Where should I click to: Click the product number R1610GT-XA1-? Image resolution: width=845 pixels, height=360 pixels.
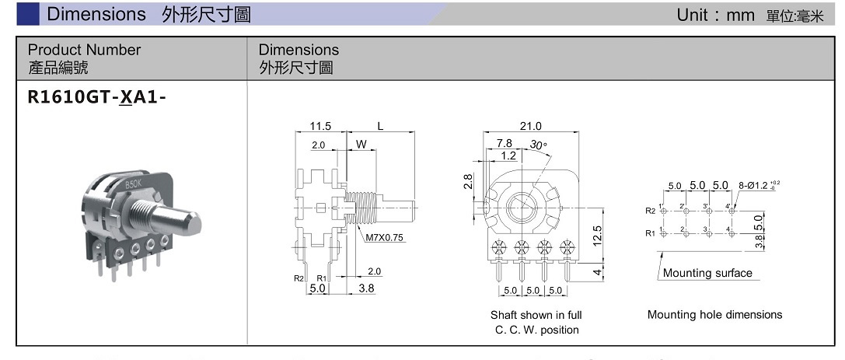(x=97, y=97)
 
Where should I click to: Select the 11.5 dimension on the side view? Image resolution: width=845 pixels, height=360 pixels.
(x=320, y=126)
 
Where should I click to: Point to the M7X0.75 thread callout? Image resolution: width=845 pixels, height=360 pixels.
(x=385, y=238)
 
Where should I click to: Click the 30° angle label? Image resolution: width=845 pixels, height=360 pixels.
(x=538, y=145)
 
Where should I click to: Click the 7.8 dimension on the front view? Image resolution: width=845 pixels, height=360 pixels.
(x=504, y=143)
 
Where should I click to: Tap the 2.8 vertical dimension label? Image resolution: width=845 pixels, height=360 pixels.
(x=468, y=180)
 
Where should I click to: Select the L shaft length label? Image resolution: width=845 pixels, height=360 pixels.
(x=380, y=126)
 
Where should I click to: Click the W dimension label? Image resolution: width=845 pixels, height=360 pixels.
(x=361, y=145)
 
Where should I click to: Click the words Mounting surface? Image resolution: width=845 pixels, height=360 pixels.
(x=707, y=273)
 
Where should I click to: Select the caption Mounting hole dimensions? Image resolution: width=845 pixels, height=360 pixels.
(x=714, y=315)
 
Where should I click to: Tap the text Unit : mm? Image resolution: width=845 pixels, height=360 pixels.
(x=715, y=15)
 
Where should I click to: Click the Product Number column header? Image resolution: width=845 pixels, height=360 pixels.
(x=84, y=50)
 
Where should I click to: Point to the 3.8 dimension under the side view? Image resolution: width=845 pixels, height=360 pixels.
(x=366, y=288)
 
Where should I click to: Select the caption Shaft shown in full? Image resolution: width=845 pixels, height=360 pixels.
(x=536, y=315)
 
